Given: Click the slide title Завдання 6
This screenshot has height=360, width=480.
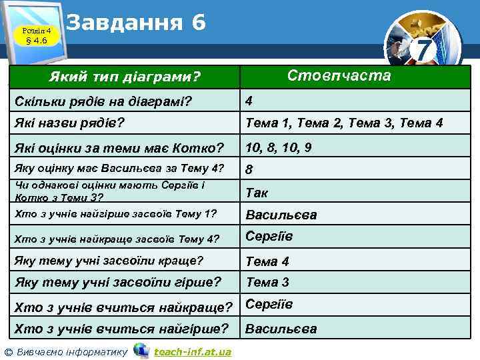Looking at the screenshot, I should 136,23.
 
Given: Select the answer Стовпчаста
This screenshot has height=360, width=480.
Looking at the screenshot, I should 339,75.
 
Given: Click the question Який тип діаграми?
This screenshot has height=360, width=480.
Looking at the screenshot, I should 125,79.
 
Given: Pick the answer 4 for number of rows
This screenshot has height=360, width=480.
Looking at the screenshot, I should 249,101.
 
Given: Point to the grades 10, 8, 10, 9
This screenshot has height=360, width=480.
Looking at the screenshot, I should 279,147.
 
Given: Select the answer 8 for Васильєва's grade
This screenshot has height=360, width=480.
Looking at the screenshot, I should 249,169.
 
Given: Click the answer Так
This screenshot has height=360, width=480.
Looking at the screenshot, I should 257,193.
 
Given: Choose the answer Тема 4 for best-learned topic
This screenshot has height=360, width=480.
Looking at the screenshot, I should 267,261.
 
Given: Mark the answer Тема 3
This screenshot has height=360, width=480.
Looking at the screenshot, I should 267,283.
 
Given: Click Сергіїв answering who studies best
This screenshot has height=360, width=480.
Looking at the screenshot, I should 269,305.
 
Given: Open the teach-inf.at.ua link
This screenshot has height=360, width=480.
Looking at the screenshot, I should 192,351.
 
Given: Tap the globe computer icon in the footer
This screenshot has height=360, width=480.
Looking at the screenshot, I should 141,350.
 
